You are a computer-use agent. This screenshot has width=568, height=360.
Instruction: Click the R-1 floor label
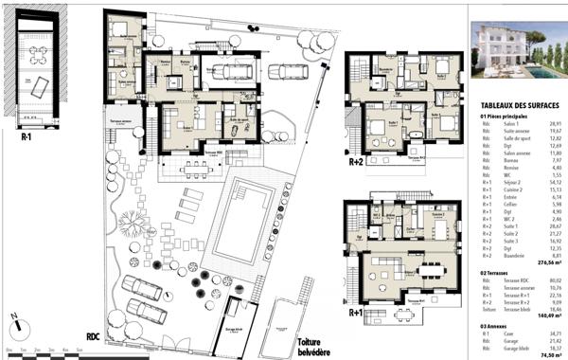[28, 135]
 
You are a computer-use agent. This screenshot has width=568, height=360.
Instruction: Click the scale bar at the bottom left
[43, 349]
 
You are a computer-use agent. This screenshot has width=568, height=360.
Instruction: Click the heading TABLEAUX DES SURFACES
[518, 106]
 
